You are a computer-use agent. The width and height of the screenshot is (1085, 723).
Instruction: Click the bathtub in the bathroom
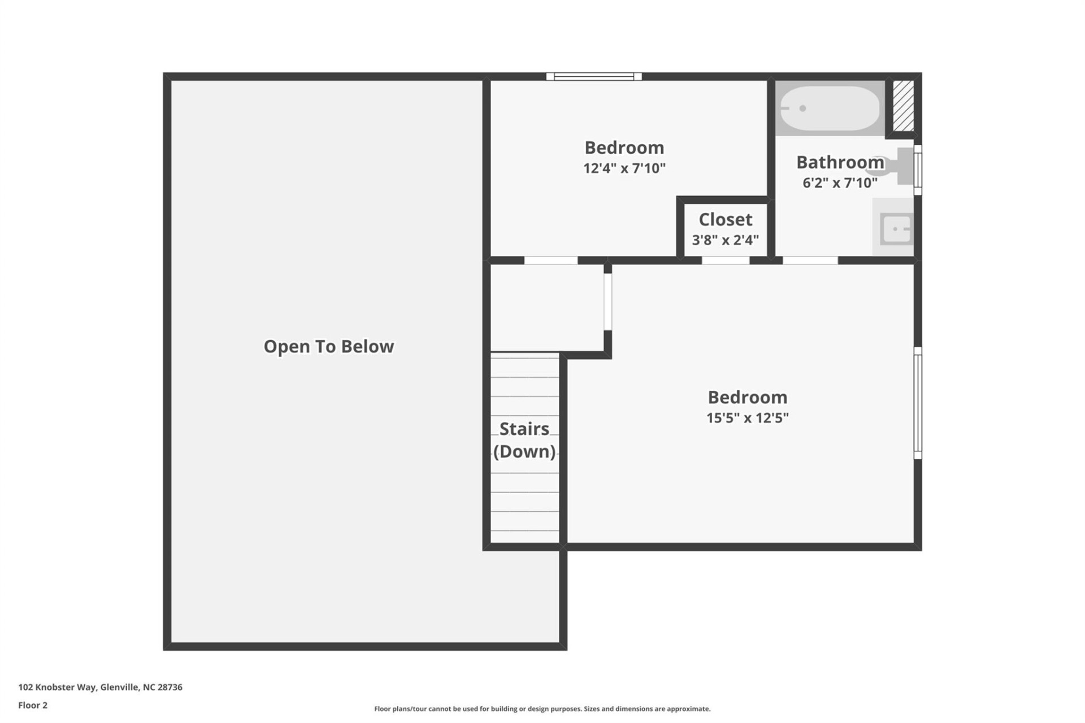click(829, 108)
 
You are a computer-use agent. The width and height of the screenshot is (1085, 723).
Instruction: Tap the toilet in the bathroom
click(899, 166)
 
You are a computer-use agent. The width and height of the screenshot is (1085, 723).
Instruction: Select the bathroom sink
click(896, 229)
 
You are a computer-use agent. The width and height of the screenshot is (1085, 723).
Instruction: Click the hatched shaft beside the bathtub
click(903, 106)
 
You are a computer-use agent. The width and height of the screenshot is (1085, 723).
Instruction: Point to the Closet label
click(725, 219)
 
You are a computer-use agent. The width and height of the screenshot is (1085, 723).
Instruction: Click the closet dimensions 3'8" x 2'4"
click(725, 240)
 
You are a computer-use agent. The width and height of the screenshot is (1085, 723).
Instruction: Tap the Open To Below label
click(328, 346)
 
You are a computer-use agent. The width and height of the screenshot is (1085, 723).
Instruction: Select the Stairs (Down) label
click(524, 440)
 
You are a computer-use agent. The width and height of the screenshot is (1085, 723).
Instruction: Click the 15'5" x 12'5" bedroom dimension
click(747, 418)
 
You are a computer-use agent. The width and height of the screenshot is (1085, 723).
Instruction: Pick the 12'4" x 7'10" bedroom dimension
click(624, 168)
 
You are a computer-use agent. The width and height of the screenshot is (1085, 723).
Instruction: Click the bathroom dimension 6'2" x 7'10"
click(840, 183)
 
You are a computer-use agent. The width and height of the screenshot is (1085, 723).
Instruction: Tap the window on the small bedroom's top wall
click(593, 77)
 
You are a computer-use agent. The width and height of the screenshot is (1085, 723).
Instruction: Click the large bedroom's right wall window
click(918, 403)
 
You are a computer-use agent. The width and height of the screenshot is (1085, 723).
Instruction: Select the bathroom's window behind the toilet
click(918, 169)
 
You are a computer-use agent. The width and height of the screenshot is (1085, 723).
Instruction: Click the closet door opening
click(726, 260)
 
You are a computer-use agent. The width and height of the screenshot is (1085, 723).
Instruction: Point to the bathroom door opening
click(810, 260)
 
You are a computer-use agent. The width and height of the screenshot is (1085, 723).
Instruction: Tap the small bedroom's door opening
click(551, 260)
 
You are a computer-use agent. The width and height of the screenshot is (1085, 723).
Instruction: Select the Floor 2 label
click(33, 705)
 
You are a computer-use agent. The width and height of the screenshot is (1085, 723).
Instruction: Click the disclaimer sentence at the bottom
click(542, 709)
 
